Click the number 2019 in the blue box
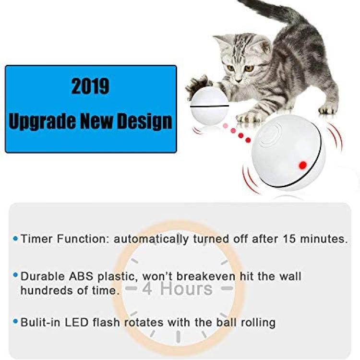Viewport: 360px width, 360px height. [90, 86]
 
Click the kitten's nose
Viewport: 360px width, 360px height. [238, 80]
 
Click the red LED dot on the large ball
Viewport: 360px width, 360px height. [303, 165]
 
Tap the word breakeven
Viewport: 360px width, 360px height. [206, 276]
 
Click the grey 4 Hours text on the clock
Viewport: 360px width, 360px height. [177, 288]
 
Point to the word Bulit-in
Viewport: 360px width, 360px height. [40, 323]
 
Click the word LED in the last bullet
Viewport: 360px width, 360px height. [77, 323]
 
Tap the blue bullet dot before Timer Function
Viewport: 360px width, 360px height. [16, 239]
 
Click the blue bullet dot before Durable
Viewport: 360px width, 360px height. [16, 275]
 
